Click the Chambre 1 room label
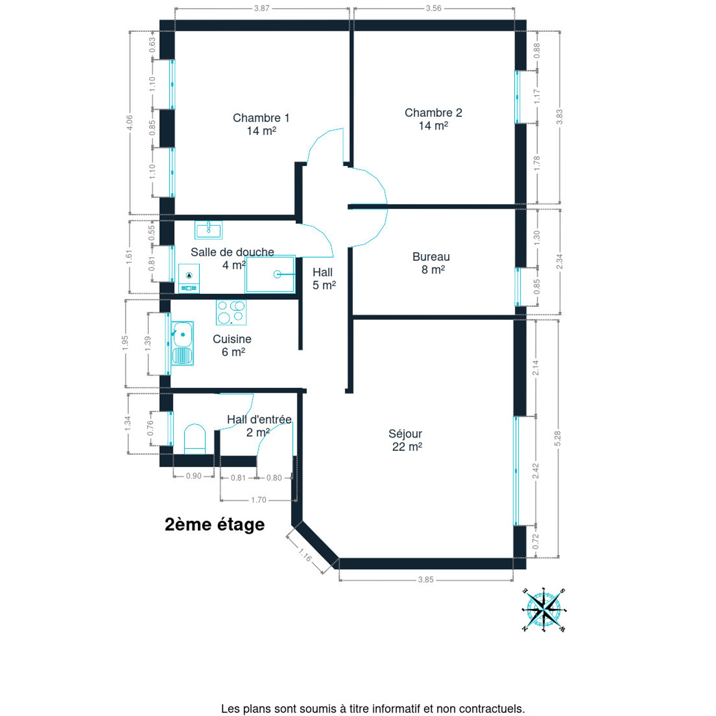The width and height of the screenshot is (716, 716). [261, 124]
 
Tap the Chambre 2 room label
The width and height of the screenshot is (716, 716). [433, 119]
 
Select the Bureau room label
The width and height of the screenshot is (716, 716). [431, 263]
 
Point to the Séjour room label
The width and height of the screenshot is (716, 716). [405, 440]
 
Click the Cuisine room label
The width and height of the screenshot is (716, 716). [232, 345]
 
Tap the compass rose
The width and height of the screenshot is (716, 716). [544, 610]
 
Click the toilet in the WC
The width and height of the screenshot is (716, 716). [195, 439]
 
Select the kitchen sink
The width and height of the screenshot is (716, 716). [182, 343]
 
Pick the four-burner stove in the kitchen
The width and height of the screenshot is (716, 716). [231, 312]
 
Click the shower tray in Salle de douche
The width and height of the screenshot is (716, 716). [270, 274]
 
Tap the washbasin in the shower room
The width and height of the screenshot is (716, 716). [208, 230]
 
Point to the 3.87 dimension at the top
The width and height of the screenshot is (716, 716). [262, 8]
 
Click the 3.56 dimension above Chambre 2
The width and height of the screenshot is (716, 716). [434, 8]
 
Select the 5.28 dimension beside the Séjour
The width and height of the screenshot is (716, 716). [557, 439]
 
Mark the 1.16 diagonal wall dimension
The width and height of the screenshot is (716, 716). [305, 556]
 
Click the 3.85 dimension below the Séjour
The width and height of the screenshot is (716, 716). [426, 580]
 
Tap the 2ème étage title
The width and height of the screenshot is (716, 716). [214, 525]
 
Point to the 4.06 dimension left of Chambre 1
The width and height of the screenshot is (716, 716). [129, 123]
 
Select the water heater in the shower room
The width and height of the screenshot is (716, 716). [189, 278]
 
